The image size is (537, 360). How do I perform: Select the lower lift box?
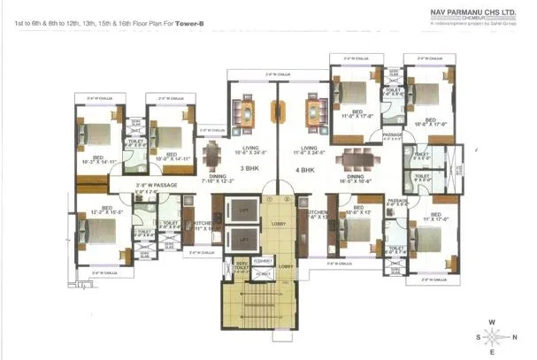click(x=241, y=238)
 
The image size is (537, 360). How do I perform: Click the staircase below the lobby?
click(x=250, y=314)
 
